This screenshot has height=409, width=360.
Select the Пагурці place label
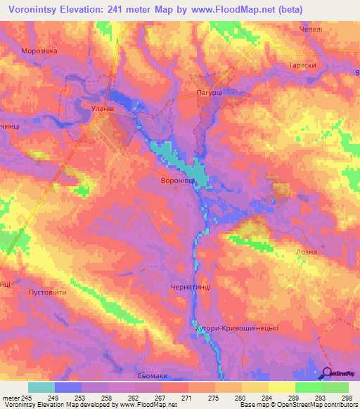pyautogui.click(x=209, y=92)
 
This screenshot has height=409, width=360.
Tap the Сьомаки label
pyautogui.click(x=154, y=375)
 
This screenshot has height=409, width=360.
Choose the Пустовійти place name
pyautogui.click(x=46, y=292)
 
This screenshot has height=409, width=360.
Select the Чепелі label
pyautogui.click(x=310, y=30)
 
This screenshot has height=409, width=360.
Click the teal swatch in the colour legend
pyautogui.click(x=41, y=387)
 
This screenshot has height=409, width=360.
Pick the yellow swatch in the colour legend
pyautogui.click(x=281, y=387)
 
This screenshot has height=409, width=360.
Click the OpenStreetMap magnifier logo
pyautogui.click(x=326, y=373)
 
